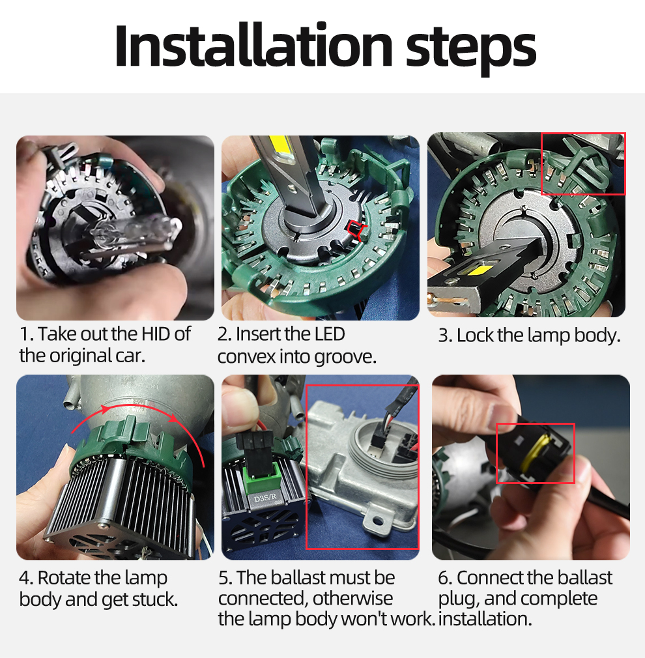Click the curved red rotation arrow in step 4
point(139,410)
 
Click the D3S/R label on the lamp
point(265,499)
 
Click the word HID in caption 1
point(155,334)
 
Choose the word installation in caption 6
point(485,619)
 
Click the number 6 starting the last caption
point(444,578)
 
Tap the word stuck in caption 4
point(154,599)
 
